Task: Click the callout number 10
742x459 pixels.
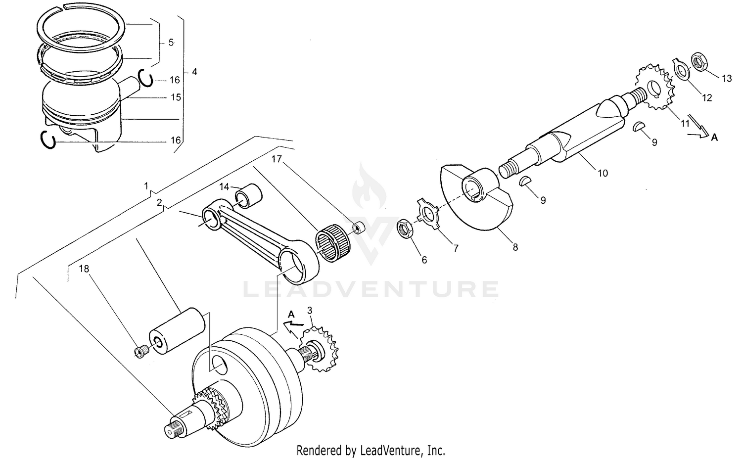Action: pyautogui.click(x=603, y=173)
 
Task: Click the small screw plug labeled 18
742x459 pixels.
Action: pyautogui.click(x=141, y=352)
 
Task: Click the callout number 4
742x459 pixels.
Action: pyautogui.click(x=194, y=72)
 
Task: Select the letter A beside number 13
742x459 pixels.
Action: pyautogui.click(x=714, y=138)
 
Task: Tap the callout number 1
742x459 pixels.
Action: pyautogui.click(x=146, y=186)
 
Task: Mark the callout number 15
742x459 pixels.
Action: pyautogui.click(x=176, y=98)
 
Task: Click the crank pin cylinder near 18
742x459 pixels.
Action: pyautogui.click(x=177, y=331)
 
